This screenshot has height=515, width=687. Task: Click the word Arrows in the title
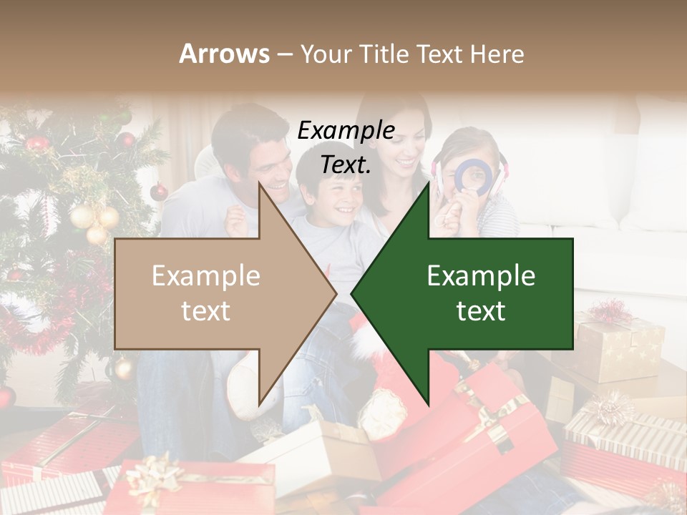click(x=224, y=54)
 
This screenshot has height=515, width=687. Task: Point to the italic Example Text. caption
click(x=346, y=147)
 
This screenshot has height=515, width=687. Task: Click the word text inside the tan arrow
click(x=206, y=311)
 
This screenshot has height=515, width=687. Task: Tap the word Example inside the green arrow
click(x=481, y=276)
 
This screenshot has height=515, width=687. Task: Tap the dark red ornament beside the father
click(x=159, y=191)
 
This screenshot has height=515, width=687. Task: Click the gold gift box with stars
click(x=619, y=350)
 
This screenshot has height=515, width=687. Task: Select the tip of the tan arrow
click(x=334, y=293)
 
